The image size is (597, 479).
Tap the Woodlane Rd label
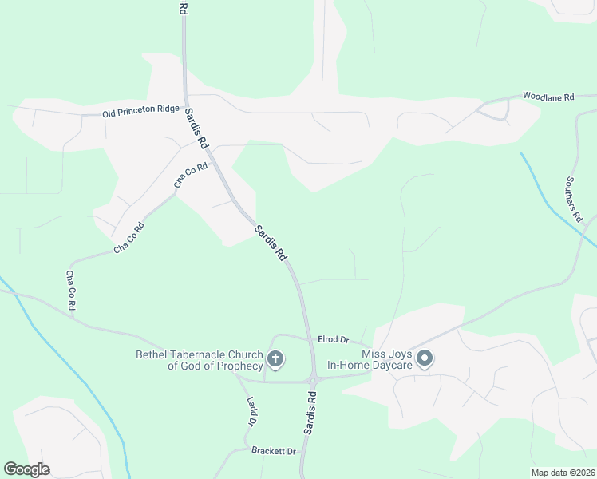tap(548, 97)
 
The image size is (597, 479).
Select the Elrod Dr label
tap(334, 340)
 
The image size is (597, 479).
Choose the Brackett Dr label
tap(274, 452)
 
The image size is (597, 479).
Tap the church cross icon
tap(275, 359)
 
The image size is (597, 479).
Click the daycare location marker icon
tap(425, 359)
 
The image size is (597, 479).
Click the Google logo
tap(26, 469)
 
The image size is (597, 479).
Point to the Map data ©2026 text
tap(562, 473)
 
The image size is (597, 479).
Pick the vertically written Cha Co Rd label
tap(70, 291)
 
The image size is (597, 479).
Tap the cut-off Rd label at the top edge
tap(183, 9)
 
